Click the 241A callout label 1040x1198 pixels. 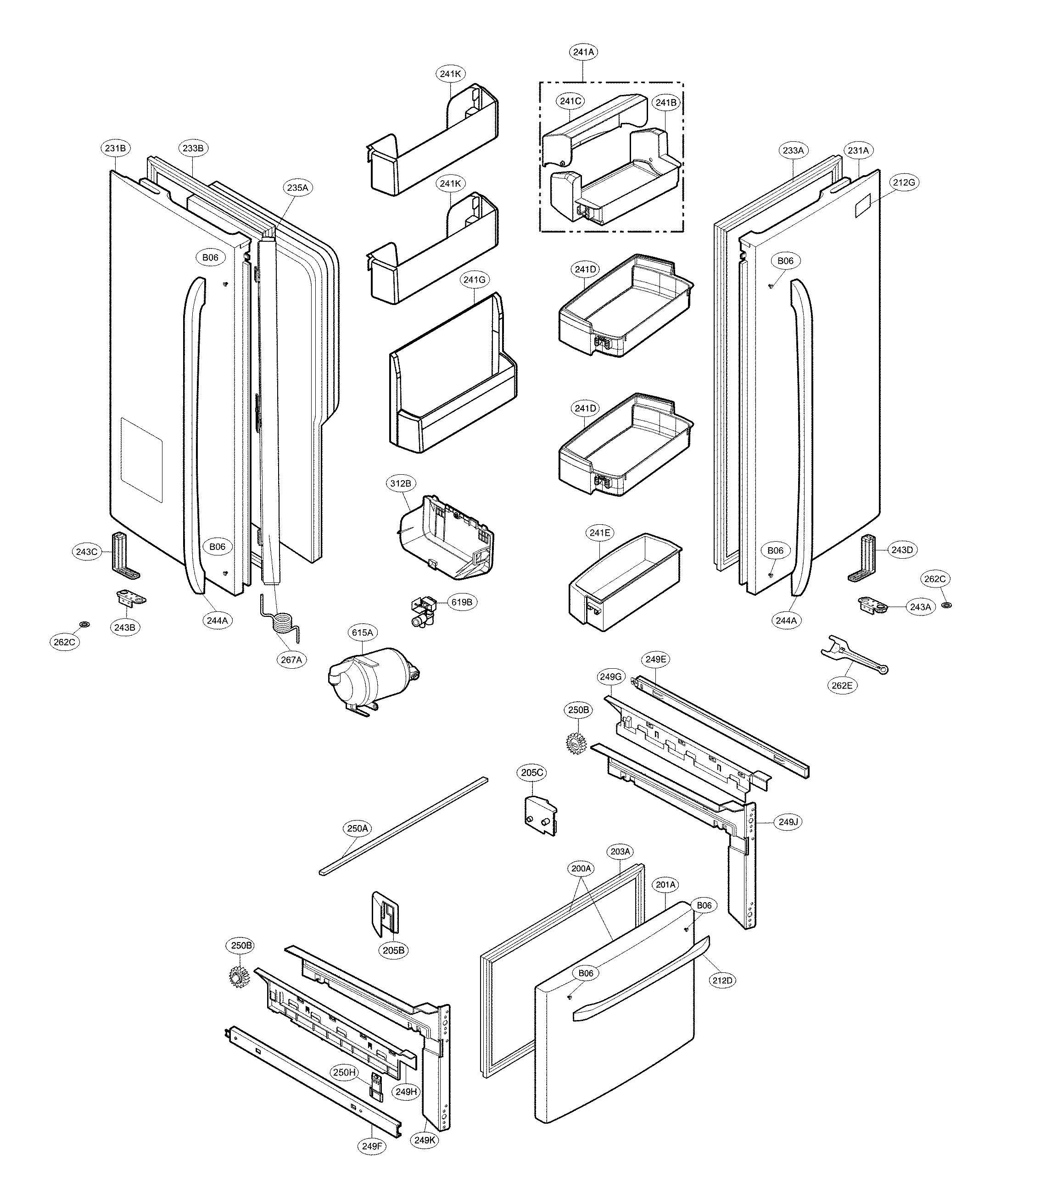(x=583, y=52)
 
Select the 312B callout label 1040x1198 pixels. (x=401, y=483)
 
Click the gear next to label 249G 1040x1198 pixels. (x=576, y=743)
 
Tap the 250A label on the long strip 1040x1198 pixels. (x=358, y=829)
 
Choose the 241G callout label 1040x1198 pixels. (x=474, y=280)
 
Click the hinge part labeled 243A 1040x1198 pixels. (x=873, y=606)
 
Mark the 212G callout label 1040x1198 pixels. (x=904, y=183)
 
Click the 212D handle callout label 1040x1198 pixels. (x=722, y=981)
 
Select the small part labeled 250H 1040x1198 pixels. (x=377, y=1084)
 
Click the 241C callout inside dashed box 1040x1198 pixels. (x=570, y=101)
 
